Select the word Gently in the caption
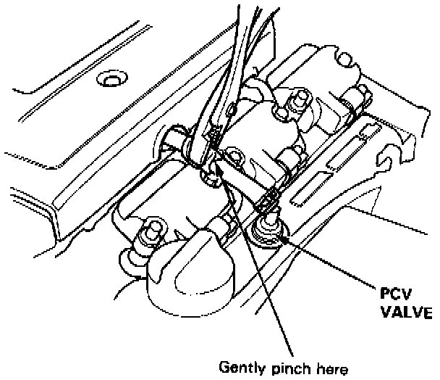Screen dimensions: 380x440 click(x=242, y=368)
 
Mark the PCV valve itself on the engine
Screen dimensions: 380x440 click(x=268, y=231)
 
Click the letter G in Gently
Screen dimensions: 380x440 click(x=223, y=368)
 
